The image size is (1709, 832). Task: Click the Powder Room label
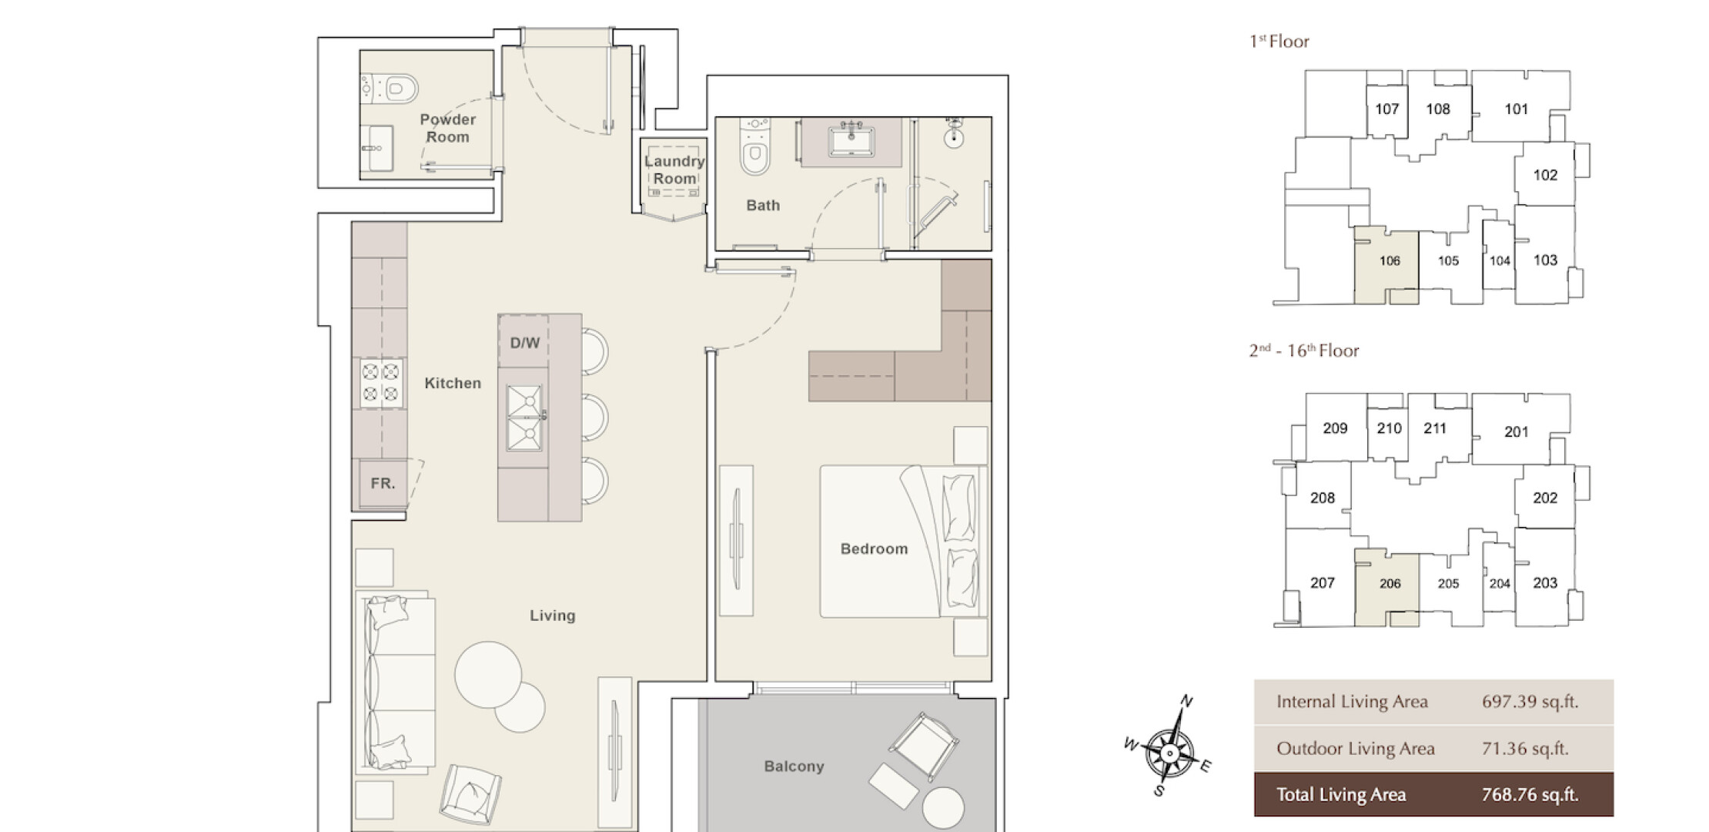click(447, 128)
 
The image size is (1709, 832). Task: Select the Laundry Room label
click(674, 169)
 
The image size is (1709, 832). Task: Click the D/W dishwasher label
click(524, 343)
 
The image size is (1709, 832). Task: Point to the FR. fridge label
click(383, 484)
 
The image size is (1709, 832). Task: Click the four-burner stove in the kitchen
click(381, 383)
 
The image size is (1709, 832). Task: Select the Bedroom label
click(874, 549)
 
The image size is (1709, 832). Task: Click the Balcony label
click(794, 766)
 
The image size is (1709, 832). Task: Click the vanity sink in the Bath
click(851, 142)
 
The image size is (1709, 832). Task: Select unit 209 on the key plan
click(1335, 428)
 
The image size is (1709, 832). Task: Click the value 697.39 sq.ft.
click(1530, 702)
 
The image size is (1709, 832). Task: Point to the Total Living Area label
click(1341, 795)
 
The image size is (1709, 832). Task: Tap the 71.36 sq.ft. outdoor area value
click(1525, 748)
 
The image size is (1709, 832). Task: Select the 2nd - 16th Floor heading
click(1304, 351)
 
